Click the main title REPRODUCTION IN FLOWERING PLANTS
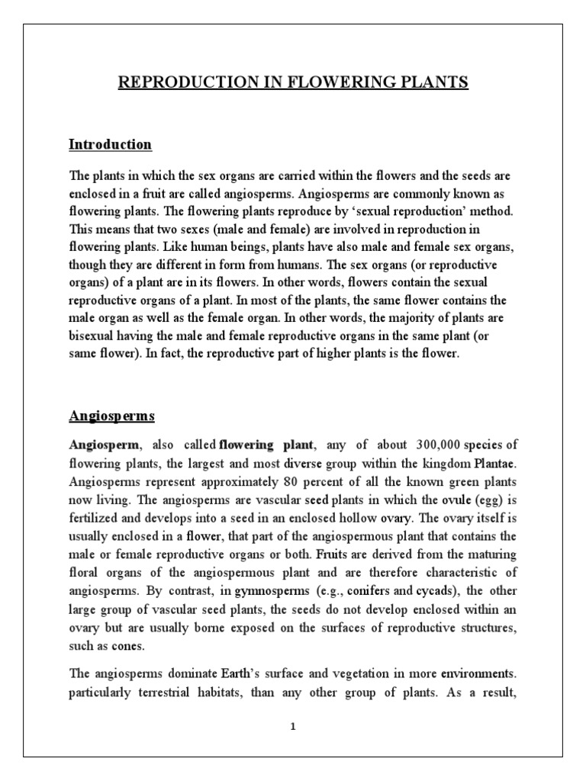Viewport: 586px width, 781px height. tap(292, 82)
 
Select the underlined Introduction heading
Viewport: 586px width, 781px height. tap(111, 144)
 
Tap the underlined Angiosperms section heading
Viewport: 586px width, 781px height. tap(112, 416)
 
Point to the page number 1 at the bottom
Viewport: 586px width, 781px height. tap(293, 727)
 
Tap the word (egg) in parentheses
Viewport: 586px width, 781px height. tap(482, 501)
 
